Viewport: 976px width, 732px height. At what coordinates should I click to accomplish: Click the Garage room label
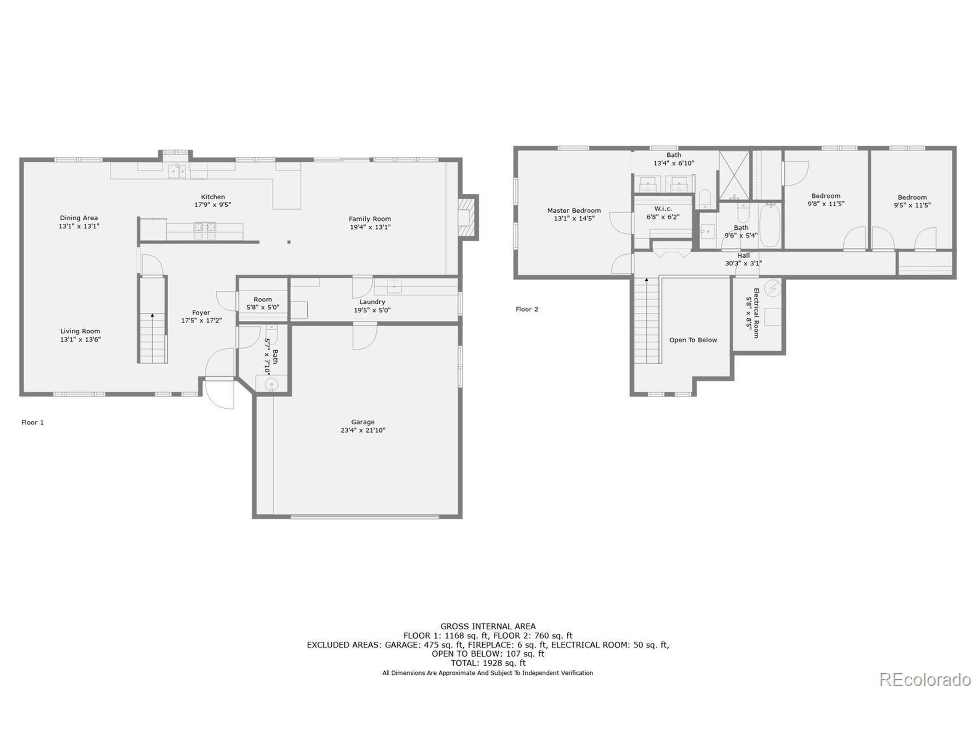tap(362, 422)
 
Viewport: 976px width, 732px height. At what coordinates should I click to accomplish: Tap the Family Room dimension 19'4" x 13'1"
tap(370, 227)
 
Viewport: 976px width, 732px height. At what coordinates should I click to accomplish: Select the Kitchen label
tap(213, 197)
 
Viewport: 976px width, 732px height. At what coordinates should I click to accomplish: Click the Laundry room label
tap(372, 302)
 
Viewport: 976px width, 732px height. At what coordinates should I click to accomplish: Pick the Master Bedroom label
tap(574, 210)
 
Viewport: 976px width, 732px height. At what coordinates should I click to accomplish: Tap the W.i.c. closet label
tap(663, 209)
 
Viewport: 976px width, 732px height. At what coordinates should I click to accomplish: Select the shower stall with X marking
tap(734, 175)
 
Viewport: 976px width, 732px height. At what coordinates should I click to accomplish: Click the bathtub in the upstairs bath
tap(771, 225)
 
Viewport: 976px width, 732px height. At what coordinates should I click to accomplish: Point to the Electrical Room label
tap(756, 313)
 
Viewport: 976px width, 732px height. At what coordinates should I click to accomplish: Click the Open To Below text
tap(693, 340)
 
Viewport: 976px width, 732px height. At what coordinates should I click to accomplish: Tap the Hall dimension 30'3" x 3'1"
tap(743, 263)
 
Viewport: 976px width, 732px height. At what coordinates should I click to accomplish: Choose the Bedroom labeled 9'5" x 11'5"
tap(912, 201)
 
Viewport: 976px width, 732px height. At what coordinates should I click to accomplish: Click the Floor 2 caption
tap(527, 309)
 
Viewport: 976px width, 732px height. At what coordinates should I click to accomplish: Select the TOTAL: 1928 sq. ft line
tap(488, 663)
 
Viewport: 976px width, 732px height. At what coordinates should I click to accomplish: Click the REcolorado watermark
tap(925, 680)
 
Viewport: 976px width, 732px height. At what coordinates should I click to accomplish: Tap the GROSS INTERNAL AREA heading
tap(488, 626)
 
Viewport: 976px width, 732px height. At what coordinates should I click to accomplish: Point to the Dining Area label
tap(79, 218)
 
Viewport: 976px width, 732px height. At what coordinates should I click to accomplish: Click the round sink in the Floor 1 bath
tap(271, 385)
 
